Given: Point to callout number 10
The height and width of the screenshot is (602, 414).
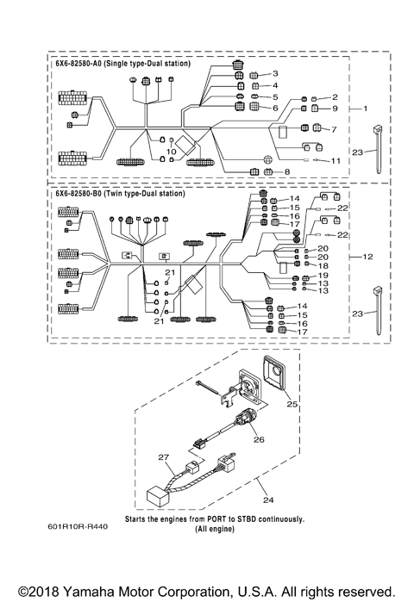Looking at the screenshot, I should (171, 151).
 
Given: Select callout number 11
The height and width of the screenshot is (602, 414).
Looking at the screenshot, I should (336, 161).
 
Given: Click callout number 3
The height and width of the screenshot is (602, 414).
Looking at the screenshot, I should (275, 75).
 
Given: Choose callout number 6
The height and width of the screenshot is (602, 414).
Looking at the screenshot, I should (275, 109).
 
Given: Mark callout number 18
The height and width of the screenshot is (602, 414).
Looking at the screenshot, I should (323, 266).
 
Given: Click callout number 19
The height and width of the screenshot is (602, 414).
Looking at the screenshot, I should (323, 277).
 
